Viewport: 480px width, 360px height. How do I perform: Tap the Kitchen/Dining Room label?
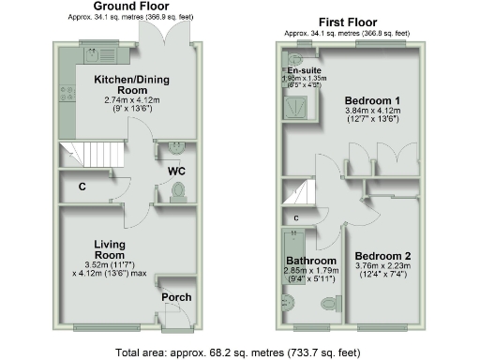coord(126,85)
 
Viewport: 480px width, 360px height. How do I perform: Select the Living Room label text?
coord(111,248)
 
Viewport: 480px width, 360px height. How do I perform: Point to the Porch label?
coord(176,298)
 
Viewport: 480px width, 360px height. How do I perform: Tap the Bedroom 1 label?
coord(371,100)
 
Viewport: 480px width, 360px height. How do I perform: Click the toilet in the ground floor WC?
coord(178,191)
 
